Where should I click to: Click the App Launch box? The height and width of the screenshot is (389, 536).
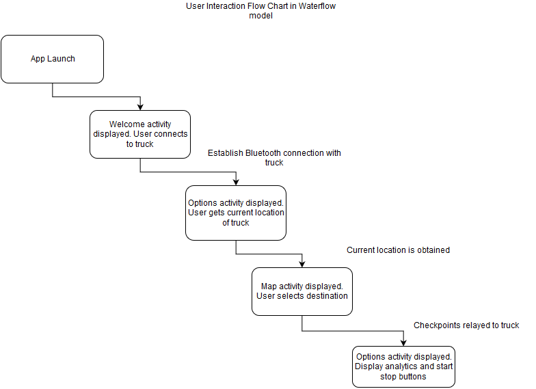point(52,59)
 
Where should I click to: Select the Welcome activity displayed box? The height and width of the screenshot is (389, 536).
point(140,134)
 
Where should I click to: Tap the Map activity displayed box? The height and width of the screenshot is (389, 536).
point(302,291)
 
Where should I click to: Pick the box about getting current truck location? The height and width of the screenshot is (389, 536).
point(236,213)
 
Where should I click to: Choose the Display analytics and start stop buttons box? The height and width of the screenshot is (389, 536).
point(403,366)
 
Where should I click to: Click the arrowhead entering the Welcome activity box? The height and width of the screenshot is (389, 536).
point(140,107)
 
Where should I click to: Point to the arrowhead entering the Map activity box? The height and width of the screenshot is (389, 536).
point(302,264)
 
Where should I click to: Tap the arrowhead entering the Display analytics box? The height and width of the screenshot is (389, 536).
point(403,343)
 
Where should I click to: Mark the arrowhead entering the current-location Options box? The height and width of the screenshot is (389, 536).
point(236,182)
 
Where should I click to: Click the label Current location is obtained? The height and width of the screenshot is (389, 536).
point(398,250)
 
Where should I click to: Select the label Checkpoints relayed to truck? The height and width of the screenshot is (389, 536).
point(466,325)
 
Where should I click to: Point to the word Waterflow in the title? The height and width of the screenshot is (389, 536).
point(317,6)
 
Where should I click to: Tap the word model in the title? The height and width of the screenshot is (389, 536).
point(261,16)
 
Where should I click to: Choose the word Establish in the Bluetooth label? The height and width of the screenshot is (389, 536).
point(226,153)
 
